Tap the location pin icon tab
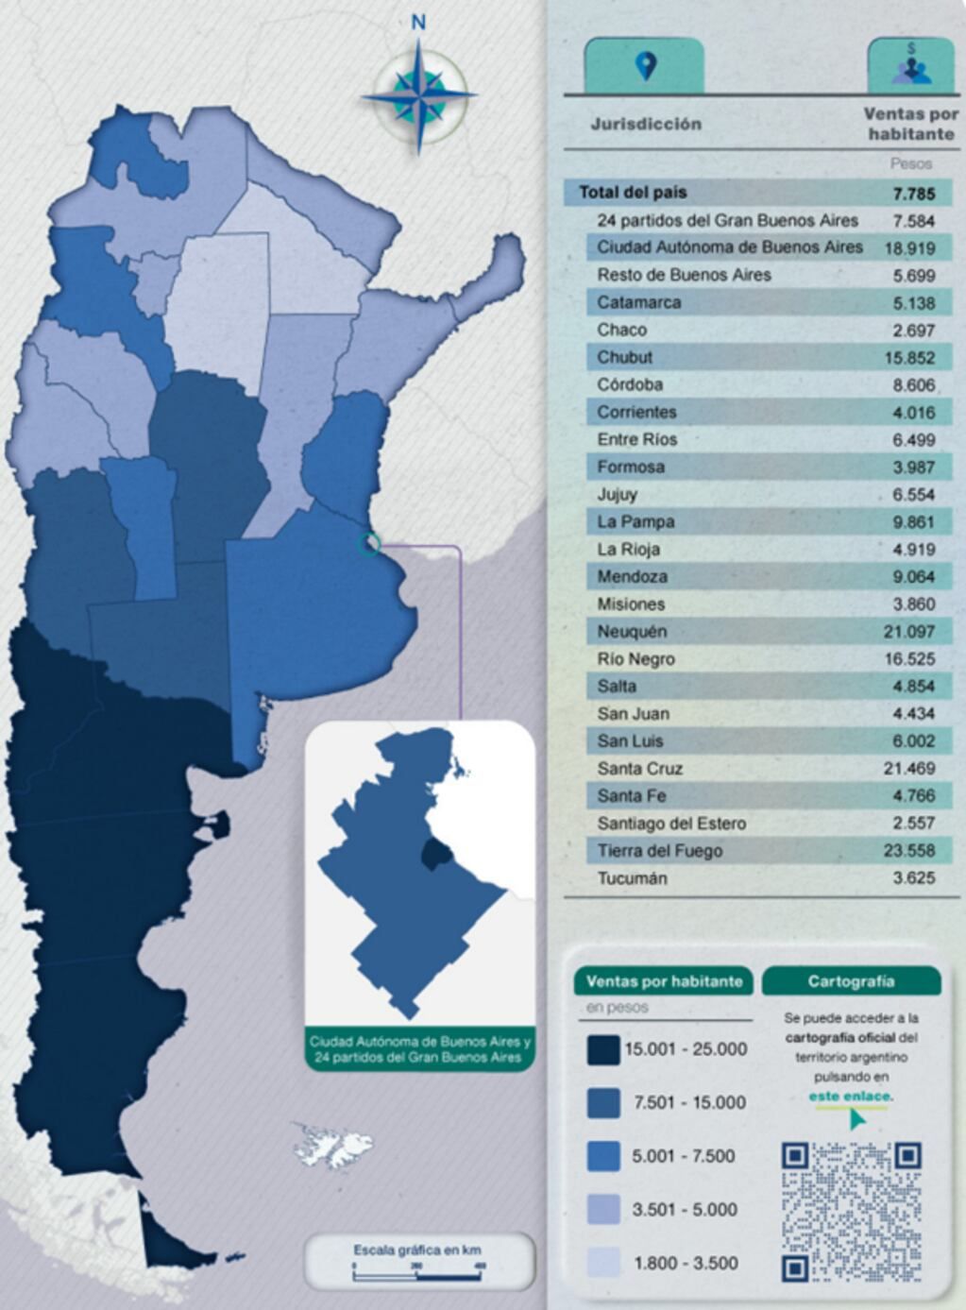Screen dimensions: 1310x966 [645, 66]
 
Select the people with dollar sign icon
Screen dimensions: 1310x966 [910, 66]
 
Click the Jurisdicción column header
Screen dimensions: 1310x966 [646, 124]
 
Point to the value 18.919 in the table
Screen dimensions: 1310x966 [909, 248]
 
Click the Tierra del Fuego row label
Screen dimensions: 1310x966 [659, 851]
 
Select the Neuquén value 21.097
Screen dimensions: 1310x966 [909, 632]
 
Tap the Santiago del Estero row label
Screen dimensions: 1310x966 [671, 824]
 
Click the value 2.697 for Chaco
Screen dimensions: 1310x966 [912, 331]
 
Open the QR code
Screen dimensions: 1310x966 [851, 1212]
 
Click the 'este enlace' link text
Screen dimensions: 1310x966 [850, 1097]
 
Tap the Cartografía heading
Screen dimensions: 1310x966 [851, 981]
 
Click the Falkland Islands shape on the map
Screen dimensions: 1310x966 [332, 1145]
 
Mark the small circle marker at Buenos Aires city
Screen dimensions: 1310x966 [370, 543]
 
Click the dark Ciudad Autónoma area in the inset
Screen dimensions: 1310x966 [434, 854]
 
